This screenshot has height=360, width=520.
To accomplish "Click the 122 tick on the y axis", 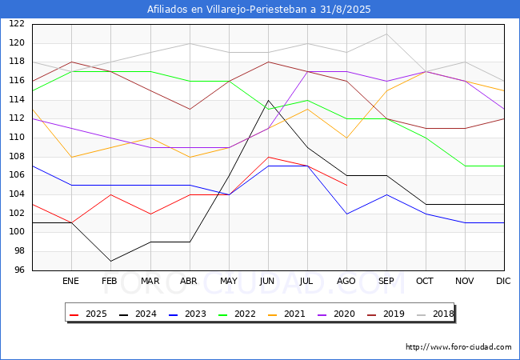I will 17,24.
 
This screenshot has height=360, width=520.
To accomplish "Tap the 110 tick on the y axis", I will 17,138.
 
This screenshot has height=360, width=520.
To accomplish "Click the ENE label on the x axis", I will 70,282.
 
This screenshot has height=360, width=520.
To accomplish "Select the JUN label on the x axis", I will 268,282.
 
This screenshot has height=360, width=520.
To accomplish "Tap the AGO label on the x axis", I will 346,282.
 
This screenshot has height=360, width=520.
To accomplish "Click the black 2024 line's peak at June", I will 268,100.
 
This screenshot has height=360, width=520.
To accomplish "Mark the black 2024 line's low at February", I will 110,261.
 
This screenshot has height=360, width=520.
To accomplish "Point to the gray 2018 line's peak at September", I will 386,34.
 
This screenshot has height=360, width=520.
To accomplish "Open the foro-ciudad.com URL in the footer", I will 458,347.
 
